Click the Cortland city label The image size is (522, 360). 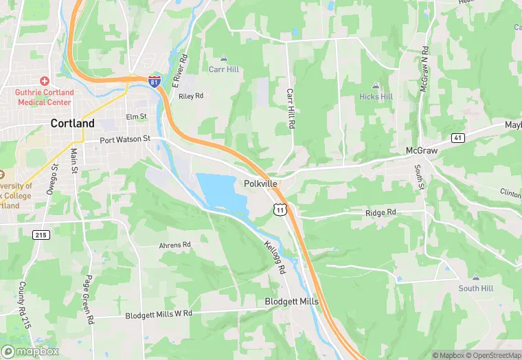(73, 124)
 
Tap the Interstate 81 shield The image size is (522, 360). (154, 81)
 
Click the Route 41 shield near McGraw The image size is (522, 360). (457, 138)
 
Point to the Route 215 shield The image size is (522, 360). (41, 235)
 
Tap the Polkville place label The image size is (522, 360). (261, 184)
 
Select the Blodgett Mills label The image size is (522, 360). (291, 302)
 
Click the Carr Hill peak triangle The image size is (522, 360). (223, 59)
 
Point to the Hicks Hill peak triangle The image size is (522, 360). (376, 86)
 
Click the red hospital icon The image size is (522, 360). (45, 81)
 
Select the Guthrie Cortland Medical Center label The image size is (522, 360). (44, 97)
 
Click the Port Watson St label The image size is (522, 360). (124, 139)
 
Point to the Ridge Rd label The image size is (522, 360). (381, 213)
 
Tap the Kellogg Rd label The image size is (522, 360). (273, 257)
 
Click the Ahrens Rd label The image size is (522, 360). (174, 245)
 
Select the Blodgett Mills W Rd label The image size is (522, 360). (159, 315)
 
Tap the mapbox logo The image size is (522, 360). (30, 351)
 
